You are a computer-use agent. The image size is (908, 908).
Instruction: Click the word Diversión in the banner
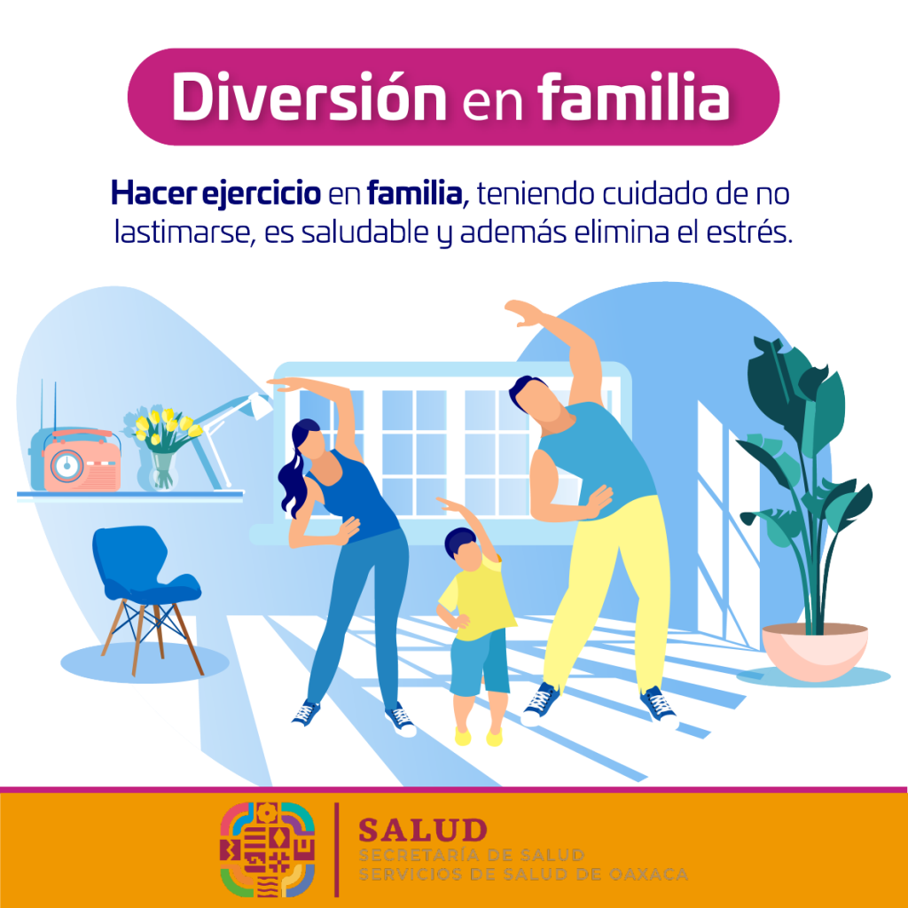(x=309, y=96)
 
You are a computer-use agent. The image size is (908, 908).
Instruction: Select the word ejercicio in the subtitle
(x=261, y=194)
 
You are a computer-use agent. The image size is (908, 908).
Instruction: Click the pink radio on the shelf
(x=82, y=460)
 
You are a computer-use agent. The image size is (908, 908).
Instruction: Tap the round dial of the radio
(x=67, y=466)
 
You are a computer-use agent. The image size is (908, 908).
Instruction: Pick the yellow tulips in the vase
(x=166, y=426)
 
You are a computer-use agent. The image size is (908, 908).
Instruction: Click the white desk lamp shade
(x=258, y=405)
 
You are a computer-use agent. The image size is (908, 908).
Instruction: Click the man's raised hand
(x=524, y=313)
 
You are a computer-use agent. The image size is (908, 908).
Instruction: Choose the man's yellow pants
(x=608, y=591)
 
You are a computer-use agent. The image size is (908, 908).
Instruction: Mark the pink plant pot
(x=815, y=652)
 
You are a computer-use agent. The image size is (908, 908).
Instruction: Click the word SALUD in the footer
(x=423, y=830)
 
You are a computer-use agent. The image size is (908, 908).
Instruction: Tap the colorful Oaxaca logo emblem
(x=268, y=849)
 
